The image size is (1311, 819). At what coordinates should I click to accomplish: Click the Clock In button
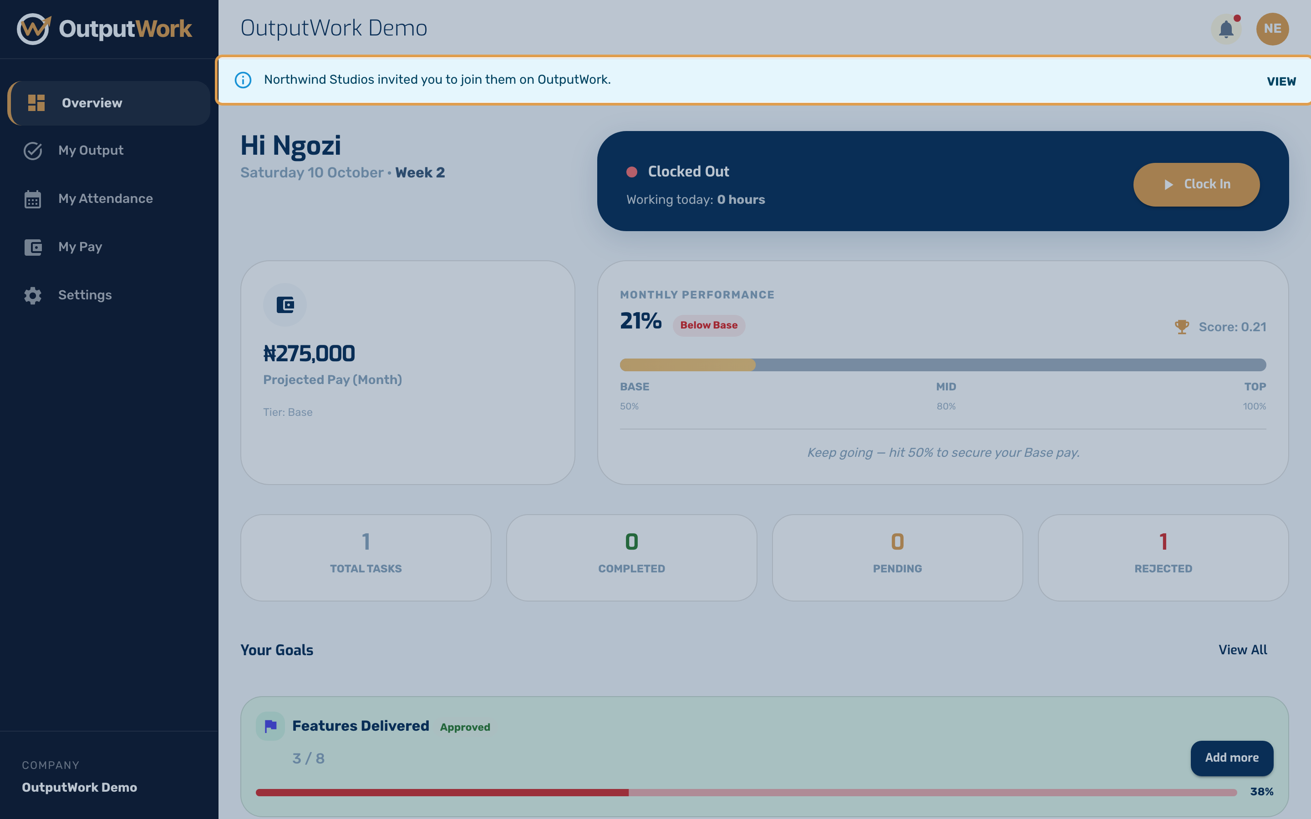coord(1196,184)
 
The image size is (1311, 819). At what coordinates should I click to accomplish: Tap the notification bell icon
coord(1226,29)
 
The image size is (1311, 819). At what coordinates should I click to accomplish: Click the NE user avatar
coord(1273,29)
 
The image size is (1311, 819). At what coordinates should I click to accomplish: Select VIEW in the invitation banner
coord(1281,81)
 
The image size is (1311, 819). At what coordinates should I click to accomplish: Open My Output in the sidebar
coord(91,151)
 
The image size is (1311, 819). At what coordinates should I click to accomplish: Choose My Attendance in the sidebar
coord(105,199)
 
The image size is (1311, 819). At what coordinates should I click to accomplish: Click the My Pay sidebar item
coord(80,247)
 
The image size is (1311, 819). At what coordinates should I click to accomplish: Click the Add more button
coord(1231,758)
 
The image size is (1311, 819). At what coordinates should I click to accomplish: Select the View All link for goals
coord(1243,650)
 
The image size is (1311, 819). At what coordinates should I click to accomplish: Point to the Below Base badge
coord(709,325)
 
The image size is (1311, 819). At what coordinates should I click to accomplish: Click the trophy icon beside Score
coord(1182,327)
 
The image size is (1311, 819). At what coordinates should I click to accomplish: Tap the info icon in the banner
coord(243,80)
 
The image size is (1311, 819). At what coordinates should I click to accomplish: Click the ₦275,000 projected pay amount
coord(309,354)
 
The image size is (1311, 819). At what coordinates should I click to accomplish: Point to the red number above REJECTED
coord(1163,541)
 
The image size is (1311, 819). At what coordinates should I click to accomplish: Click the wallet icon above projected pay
coord(285,305)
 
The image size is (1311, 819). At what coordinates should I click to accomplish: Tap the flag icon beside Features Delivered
coord(270,726)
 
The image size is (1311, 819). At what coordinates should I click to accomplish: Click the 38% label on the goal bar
coord(1262,792)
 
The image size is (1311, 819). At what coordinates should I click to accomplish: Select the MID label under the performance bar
coord(946,387)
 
